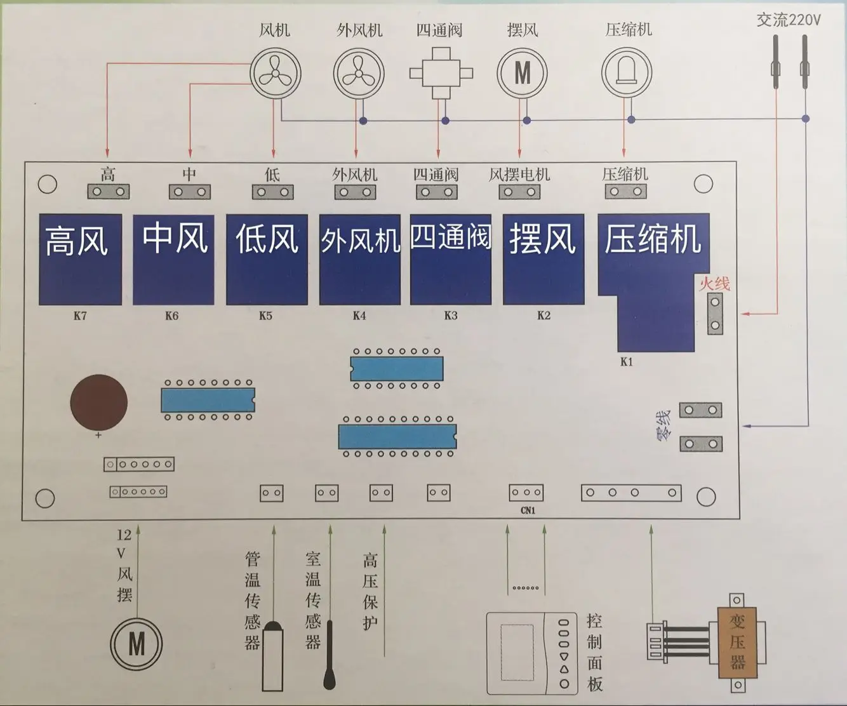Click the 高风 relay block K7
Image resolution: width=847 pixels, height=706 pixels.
pos(80,259)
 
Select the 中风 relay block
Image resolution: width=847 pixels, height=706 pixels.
pos(173,259)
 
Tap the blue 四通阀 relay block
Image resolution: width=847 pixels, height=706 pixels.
pos(451,259)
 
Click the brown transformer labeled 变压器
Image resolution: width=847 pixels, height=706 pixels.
pos(738,643)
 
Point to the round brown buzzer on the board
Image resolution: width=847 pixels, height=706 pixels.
pos(99,402)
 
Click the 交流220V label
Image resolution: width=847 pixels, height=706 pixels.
pos(789,20)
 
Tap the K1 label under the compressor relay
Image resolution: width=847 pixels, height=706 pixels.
pos(627,361)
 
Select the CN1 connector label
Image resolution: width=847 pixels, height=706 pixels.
pos(528,510)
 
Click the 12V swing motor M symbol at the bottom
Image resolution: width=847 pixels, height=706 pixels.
pos(137,644)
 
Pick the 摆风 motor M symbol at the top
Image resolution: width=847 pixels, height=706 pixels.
pos(522,74)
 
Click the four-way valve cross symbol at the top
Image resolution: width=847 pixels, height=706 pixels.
pos(441,74)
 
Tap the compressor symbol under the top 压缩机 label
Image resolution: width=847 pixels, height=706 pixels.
pos(627,73)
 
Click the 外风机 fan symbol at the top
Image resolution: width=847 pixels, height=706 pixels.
pos(359,74)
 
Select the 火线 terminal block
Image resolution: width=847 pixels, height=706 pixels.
pos(715,314)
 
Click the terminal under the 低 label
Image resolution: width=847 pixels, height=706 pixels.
pos(272,192)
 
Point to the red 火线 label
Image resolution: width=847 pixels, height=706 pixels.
pos(714,283)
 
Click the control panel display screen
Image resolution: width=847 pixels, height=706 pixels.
pos(517,652)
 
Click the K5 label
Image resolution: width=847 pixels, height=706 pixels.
pos(265,316)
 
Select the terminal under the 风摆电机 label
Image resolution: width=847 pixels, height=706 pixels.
pos(519,192)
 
